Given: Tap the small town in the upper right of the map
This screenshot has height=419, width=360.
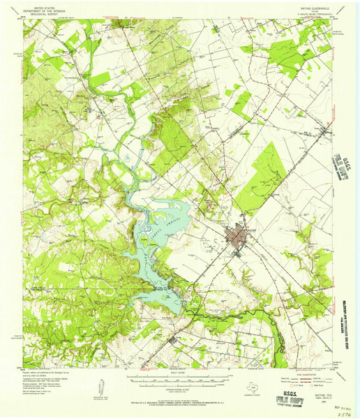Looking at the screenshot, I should coord(325,131).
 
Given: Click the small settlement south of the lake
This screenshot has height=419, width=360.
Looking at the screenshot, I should coord(174,341).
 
